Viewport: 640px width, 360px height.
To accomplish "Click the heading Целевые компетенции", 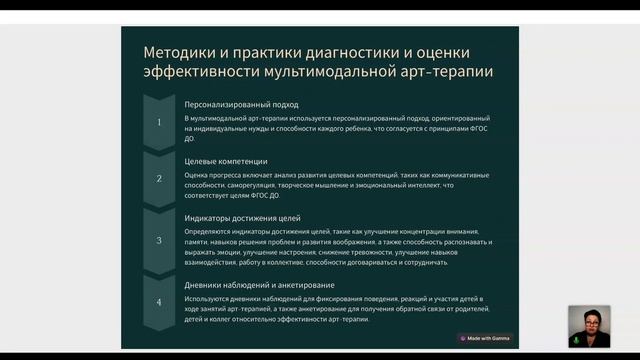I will click(226, 160).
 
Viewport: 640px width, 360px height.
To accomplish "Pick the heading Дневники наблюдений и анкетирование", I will click(265, 285).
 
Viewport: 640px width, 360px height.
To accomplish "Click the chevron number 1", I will click(158, 122).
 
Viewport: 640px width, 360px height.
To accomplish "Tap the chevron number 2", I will click(158, 179).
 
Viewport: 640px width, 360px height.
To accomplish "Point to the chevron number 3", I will click(158, 240).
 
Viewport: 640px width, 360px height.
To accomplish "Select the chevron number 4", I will click(158, 302).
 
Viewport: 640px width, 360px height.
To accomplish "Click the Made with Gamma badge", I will click(485, 338).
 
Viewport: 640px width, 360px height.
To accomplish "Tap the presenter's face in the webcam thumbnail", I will click(589, 322).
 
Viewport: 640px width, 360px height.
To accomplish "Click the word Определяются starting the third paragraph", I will click(208, 232).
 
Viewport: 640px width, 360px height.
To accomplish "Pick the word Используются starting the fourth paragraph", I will click(207, 300).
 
